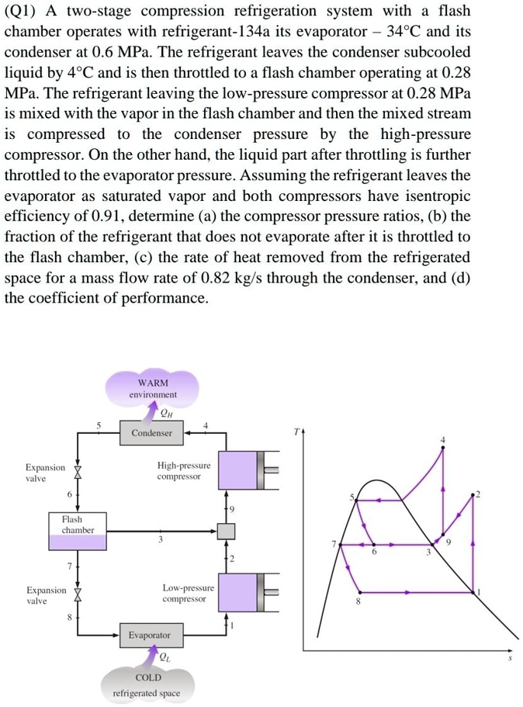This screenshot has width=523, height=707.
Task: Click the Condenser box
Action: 151,432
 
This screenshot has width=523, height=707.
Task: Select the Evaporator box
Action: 149,635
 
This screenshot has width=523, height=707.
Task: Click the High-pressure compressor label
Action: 184,470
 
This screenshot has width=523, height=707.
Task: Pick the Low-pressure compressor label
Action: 185,594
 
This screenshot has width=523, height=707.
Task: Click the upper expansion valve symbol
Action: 76,473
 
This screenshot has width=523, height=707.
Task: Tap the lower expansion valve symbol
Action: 76,595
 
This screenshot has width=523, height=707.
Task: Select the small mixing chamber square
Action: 226,530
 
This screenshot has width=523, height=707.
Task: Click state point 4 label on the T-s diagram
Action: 443,441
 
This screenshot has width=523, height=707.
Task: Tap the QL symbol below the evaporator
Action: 165,658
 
